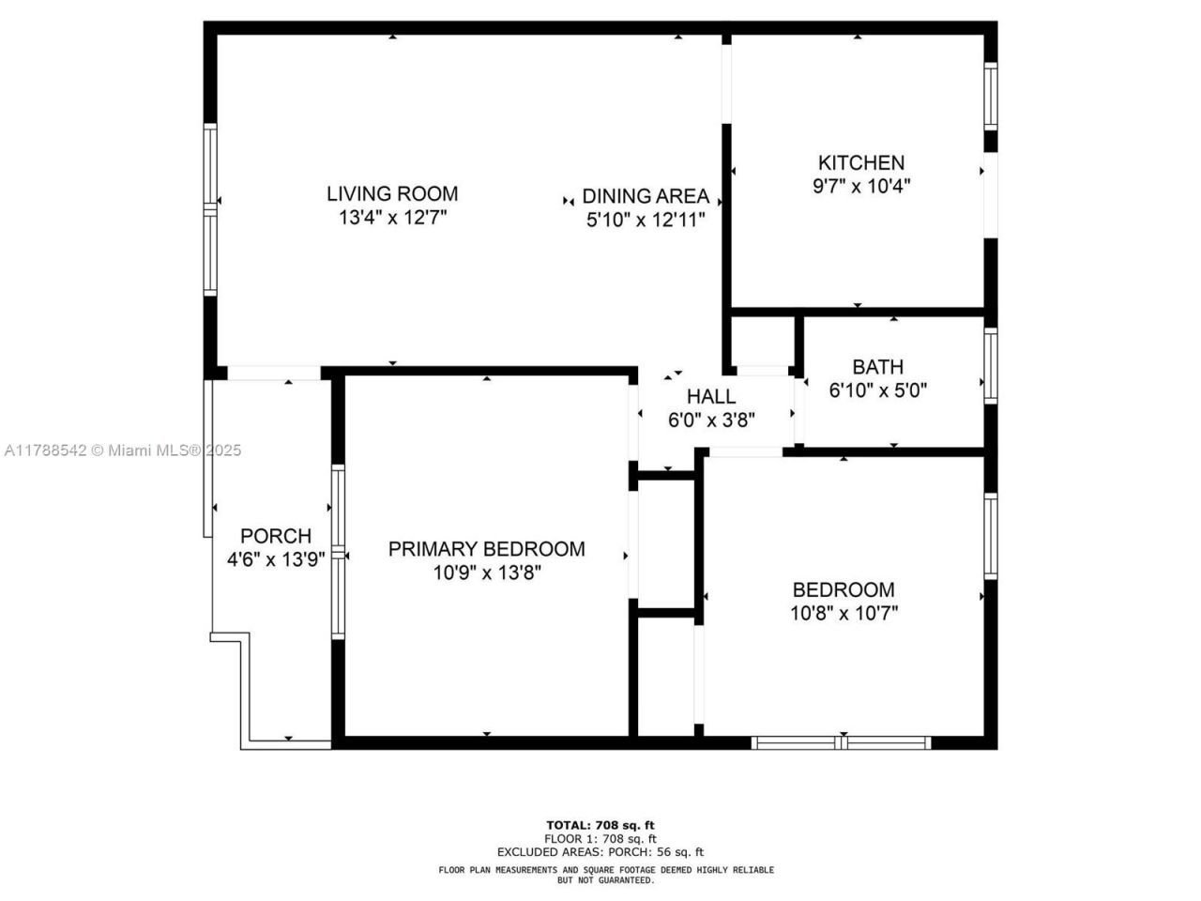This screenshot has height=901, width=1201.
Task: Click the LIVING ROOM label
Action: click(x=392, y=193)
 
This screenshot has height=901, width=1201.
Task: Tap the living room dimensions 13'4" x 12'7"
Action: click(x=392, y=218)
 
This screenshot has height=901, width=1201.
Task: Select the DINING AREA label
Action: click(x=646, y=196)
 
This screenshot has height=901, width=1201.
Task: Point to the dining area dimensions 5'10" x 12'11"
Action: click(x=646, y=220)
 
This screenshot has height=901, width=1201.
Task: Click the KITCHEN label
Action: click(x=861, y=162)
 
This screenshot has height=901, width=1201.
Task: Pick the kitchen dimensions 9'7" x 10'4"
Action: click(x=861, y=186)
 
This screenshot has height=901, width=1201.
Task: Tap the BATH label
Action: click(x=878, y=367)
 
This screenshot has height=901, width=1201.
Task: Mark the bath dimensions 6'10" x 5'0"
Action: click(x=878, y=390)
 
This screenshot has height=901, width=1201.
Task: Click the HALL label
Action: click(x=711, y=397)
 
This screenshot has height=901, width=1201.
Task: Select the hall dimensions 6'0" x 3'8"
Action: click(x=711, y=420)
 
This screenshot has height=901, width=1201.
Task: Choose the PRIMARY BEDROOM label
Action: click(x=487, y=549)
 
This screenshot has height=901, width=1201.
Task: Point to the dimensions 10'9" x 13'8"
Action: click(x=487, y=573)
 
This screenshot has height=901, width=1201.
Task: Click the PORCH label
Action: click(x=276, y=536)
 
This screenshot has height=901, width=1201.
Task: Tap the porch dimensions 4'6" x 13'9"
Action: click(x=276, y=559)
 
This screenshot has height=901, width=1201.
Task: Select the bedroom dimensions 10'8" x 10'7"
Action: click(x=844, y=613)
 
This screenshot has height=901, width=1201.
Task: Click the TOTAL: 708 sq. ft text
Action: click(x=600, y=825)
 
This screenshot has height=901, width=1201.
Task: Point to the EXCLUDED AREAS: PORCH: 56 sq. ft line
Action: click(x=600, y=852)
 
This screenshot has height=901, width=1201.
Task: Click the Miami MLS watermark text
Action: click(x=122, y=450)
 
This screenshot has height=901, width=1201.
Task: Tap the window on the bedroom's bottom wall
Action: click(x=841, y=742)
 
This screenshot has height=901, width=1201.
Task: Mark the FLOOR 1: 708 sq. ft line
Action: click(x=600, y=838)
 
